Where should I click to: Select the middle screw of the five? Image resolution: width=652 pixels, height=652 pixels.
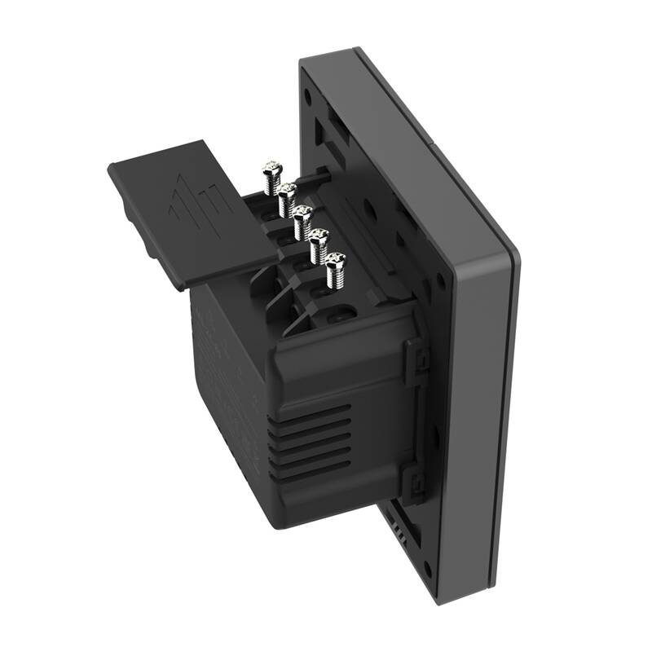pos(302,215)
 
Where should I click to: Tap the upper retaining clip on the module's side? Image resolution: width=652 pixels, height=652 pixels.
pos(418,358)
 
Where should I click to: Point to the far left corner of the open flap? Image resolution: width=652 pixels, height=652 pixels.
pos(109,170)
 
